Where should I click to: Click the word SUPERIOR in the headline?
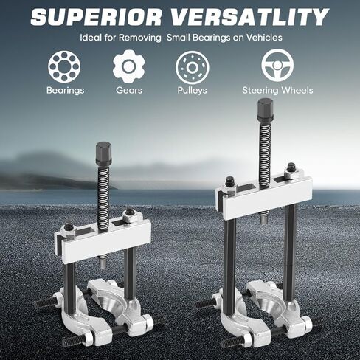click(x=96, y=17)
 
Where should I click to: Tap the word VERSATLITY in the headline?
click(x=249, y=17)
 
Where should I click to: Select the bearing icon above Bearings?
click(x=64, y=66)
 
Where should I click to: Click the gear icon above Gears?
click(x=129, y=66)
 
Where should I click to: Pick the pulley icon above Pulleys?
click(x=192, y=67)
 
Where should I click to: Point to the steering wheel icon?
click(x=277, y=65)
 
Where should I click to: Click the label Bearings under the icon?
click(x=66, y=91)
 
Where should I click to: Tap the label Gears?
click(x=129, y=90)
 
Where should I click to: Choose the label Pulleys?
click(x=192, y=91)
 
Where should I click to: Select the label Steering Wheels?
click(x=277, y=90)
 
